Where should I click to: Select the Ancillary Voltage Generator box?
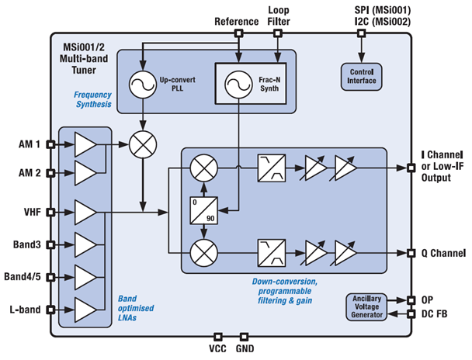370,307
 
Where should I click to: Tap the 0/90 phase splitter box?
203,209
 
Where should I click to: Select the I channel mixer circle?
203,168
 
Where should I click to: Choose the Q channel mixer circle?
203,252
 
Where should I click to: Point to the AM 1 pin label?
29,144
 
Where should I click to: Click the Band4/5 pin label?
23,277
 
